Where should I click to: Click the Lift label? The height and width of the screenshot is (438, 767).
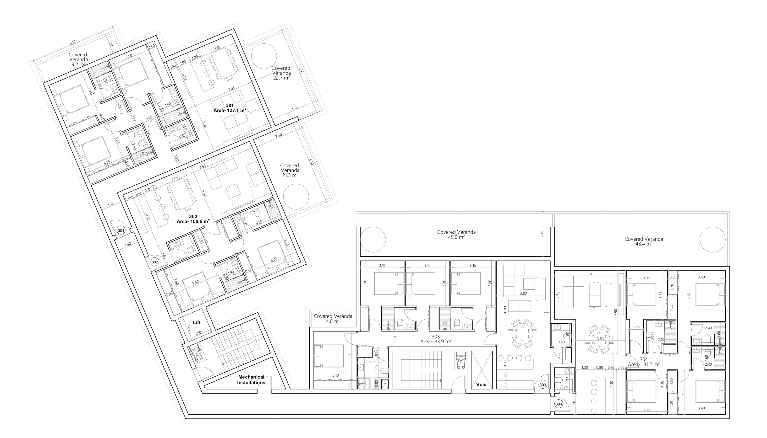[x=197, y=322]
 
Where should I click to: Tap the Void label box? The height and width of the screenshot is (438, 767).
[x=481, y=385]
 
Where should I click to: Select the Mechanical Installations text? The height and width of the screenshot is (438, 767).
[x=251, y=380]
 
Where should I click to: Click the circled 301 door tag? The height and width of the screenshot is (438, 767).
[x=121, y=231]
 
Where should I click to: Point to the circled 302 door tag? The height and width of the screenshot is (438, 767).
[x=155, y=262]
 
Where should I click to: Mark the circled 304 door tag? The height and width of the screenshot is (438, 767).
[x=559, y=404]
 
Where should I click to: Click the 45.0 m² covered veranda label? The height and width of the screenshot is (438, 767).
[x=456, y=234]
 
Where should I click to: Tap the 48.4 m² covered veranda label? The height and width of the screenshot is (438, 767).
[x=644, y=241]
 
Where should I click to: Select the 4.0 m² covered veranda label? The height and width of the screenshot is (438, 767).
[x=333, y=319]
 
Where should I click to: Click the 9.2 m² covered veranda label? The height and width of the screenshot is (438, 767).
[x=78, y=59]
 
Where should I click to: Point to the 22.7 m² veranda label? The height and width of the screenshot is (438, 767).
[x=281, y=73]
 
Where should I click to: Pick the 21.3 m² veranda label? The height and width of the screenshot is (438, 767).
[x=289, y=170]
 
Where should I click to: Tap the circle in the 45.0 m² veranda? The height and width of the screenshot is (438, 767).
[x=373, y=240]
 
